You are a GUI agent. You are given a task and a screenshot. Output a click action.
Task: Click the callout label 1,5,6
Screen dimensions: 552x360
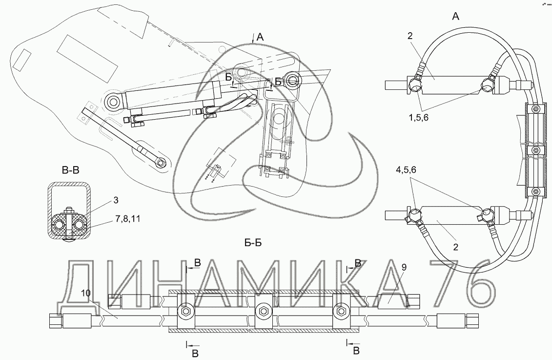tap(419, 118)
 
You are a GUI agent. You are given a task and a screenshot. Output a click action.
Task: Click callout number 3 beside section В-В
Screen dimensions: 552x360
tap(116, 200)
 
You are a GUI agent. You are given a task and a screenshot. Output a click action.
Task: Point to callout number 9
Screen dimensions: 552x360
tap(404, 267)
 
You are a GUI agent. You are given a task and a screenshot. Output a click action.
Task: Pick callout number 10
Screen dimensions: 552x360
tap(85, 293)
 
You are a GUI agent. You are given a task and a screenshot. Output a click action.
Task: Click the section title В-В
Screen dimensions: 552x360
tap(71, 170)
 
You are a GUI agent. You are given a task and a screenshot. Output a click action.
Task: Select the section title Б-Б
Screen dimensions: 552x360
tap(253, 243)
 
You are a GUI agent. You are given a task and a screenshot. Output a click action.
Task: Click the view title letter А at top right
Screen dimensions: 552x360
tap(455, 16)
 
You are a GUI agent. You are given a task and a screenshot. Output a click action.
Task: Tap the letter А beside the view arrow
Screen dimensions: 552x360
tap(260, 37)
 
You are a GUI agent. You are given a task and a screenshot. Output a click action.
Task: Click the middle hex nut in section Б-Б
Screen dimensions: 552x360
tap(263, 311)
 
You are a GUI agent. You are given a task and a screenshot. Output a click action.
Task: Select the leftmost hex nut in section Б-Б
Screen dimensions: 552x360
tap(185, 311)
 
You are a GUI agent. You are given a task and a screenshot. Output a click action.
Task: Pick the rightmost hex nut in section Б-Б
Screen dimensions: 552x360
tap(340, 311)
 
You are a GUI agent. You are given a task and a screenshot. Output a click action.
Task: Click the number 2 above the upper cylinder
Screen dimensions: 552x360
tap(410, 36)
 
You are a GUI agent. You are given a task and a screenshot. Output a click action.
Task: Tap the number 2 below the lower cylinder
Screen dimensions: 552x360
tap(455, 247)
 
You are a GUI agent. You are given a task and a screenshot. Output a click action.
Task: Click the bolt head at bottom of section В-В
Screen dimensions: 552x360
tap(69, 240)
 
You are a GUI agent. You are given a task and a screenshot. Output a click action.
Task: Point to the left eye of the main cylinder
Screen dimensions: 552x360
tap(114, 102)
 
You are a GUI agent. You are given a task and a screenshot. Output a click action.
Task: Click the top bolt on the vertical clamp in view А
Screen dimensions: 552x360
tap(535, 108)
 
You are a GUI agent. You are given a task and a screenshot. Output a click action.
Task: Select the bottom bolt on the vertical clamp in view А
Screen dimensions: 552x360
tap(535, 191)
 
